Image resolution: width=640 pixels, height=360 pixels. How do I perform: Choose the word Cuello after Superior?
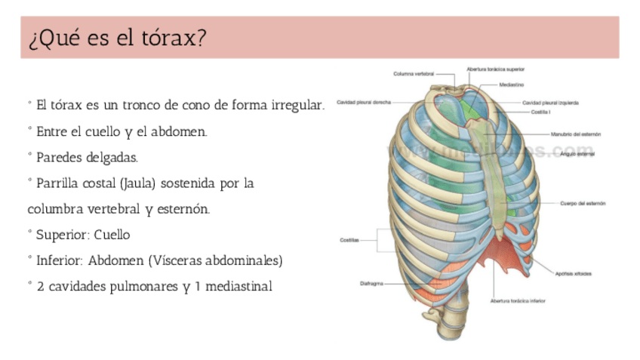[112, 235]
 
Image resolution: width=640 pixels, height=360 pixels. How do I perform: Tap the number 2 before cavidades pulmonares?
[40, 287]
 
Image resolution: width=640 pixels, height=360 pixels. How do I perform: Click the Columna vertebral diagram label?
[414, 73]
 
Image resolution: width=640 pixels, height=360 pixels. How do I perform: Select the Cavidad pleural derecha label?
[364, 102]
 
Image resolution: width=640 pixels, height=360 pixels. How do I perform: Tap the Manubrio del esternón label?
[576, 134]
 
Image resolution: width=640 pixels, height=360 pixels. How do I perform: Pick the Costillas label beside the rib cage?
[348, 240]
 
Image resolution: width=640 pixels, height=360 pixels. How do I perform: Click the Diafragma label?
[371, 284]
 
